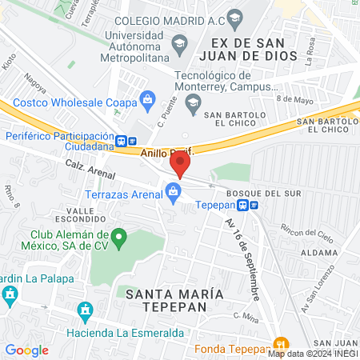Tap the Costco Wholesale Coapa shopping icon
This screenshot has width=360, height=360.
click(147, 99)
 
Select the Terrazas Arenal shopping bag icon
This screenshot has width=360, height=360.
click(172, 190)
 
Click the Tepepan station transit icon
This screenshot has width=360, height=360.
click(254, 205)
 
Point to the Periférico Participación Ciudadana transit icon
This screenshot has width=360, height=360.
click(121, 141)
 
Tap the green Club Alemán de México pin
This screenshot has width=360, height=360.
click(119, 237)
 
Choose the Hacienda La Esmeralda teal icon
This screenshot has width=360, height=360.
click(84, 310)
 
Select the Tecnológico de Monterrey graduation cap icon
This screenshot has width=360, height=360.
click(192, 102)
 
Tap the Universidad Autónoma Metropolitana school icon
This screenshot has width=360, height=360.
click(180, 42)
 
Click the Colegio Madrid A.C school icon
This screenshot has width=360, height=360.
click(234, 18)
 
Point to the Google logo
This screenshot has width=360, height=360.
click(26, 350)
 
